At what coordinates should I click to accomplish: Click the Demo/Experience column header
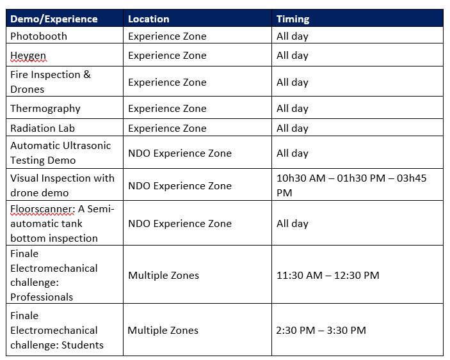pyautogui.click(x=54, y=19)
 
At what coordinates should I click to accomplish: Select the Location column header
pyautogui.click(x=149, y=19)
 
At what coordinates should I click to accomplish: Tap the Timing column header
pyautogui.click(x=293, y=19)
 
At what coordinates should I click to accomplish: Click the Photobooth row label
pyautogui.click(x=39, y=36)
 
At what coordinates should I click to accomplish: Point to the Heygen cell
pyautogui.click(x=28, y=56)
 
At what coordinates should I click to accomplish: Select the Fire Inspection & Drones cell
pyautogui.click(x=51, y=82)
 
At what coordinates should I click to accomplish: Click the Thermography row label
pyautogui.click(x=45, y=109)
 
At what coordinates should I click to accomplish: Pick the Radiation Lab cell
pyautogui.click(x=42, y=128)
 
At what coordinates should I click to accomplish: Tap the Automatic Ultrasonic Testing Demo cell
pyautogui.click(x=61, y=153)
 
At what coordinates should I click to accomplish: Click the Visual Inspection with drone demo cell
pyautogui.click(x=62, y=185)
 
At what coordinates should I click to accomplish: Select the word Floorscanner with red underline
pyautogui.click(x=42, y=209)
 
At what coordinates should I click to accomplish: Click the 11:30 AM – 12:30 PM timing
pyautogui.click(x=328, y=275)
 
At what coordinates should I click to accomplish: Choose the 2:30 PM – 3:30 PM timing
pyautogui.click(x=321, y=330)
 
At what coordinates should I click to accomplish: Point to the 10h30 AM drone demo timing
pyautogui.click(x=301, y=178)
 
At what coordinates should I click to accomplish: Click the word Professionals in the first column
pyautogui.click(x=42, y=297)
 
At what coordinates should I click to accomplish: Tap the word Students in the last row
pyautogui.click(x=83, y=345)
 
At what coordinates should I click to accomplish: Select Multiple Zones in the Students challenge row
pyautogui.click(x=163, y=330)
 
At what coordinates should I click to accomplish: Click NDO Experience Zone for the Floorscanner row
pyautogui.click(x=180, y=223)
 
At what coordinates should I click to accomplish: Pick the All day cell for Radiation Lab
pyautogui.click(x=292, y=128)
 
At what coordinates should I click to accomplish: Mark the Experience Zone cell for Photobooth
pyautogui.click(x=167, y=36)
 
